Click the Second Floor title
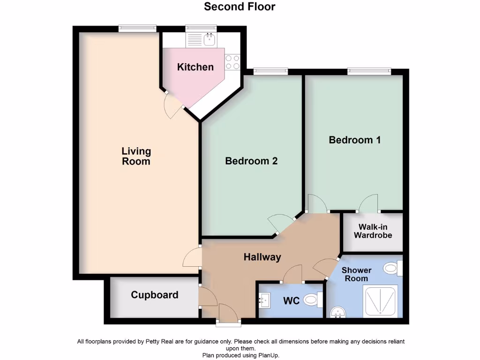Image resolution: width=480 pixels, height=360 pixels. [240, 7]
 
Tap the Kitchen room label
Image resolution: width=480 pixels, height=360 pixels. [195, 67]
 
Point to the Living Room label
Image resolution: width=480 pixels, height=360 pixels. [136, 156]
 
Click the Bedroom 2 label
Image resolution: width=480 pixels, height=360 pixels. [251, 161]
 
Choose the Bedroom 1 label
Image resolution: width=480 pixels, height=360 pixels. [354, 140]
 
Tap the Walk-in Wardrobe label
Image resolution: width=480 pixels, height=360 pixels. [373, 231]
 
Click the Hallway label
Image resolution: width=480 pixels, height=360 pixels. [262, 257]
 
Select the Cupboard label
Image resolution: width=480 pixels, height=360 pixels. [154, 295]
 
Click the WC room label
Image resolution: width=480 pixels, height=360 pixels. [291, 300]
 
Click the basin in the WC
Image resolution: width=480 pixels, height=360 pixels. [264, 299]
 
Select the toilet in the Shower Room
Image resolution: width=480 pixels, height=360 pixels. [392, 269]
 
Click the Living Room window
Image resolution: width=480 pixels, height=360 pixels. [137, 28]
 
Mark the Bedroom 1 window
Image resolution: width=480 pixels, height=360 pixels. [369, 71]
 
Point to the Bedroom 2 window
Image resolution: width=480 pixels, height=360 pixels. [270, 71]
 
